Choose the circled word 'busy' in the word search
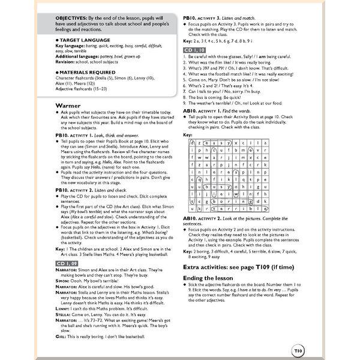click(218, 186)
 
